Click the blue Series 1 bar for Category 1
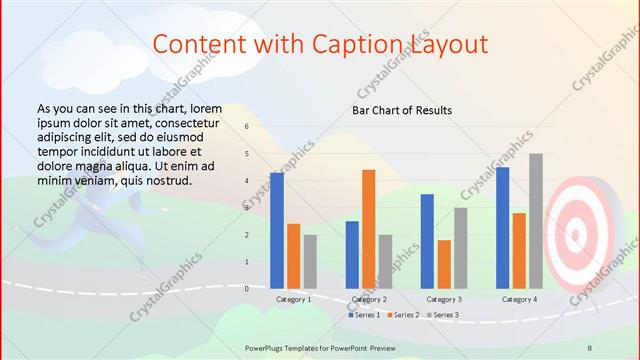[276, 230]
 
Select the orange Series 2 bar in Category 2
[368, 229]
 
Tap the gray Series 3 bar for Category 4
[536, 221]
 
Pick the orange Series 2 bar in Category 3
[444, 264]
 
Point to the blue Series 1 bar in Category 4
[502, 228]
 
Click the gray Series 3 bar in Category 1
[310, 261]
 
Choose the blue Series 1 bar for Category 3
[427, 241]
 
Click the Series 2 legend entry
[402, 315]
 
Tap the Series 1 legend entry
[364, 315]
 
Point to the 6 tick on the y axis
[246, 127]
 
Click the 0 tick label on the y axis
[246, 288]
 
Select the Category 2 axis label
[368, 299]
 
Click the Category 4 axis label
[519, 299]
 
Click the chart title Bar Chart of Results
[402, 110]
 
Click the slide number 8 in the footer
[590, 346]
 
